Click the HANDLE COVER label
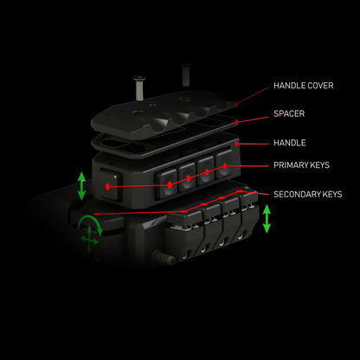click(x=304, y=86)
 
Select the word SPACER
click(x=289, y=113)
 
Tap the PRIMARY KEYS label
click(x=301, y=165)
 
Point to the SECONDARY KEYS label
click(x=308, y=195)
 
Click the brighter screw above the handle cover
click(x=139, y=87)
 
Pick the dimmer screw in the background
click(x=185, y=74)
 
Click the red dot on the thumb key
click(x=108, y=187)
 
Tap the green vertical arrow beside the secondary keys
click(x=267, y=219)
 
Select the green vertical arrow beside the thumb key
click(x=81, y=186)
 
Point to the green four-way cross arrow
click(x=89, y=240)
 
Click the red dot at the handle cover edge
click(x=236, y=103)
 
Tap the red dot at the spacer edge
click(x=236, y=123)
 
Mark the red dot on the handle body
click(x=236, y=144)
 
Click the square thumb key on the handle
click(x=108, y=185)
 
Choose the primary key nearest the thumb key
click(x=166, y=183)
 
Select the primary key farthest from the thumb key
click(x=224, y=164)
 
